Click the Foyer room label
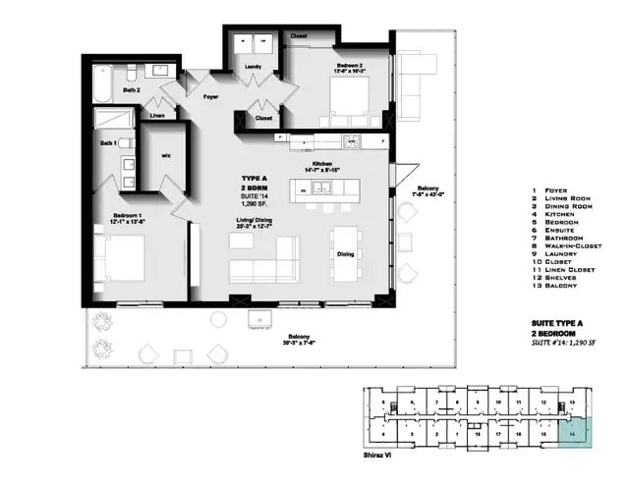click(x=209, y=97)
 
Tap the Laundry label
click(x=255, y=67)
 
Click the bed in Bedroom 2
click(x=349, y=98)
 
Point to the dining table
click(x=345, y=252)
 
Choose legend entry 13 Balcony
click(x=556, y=287)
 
